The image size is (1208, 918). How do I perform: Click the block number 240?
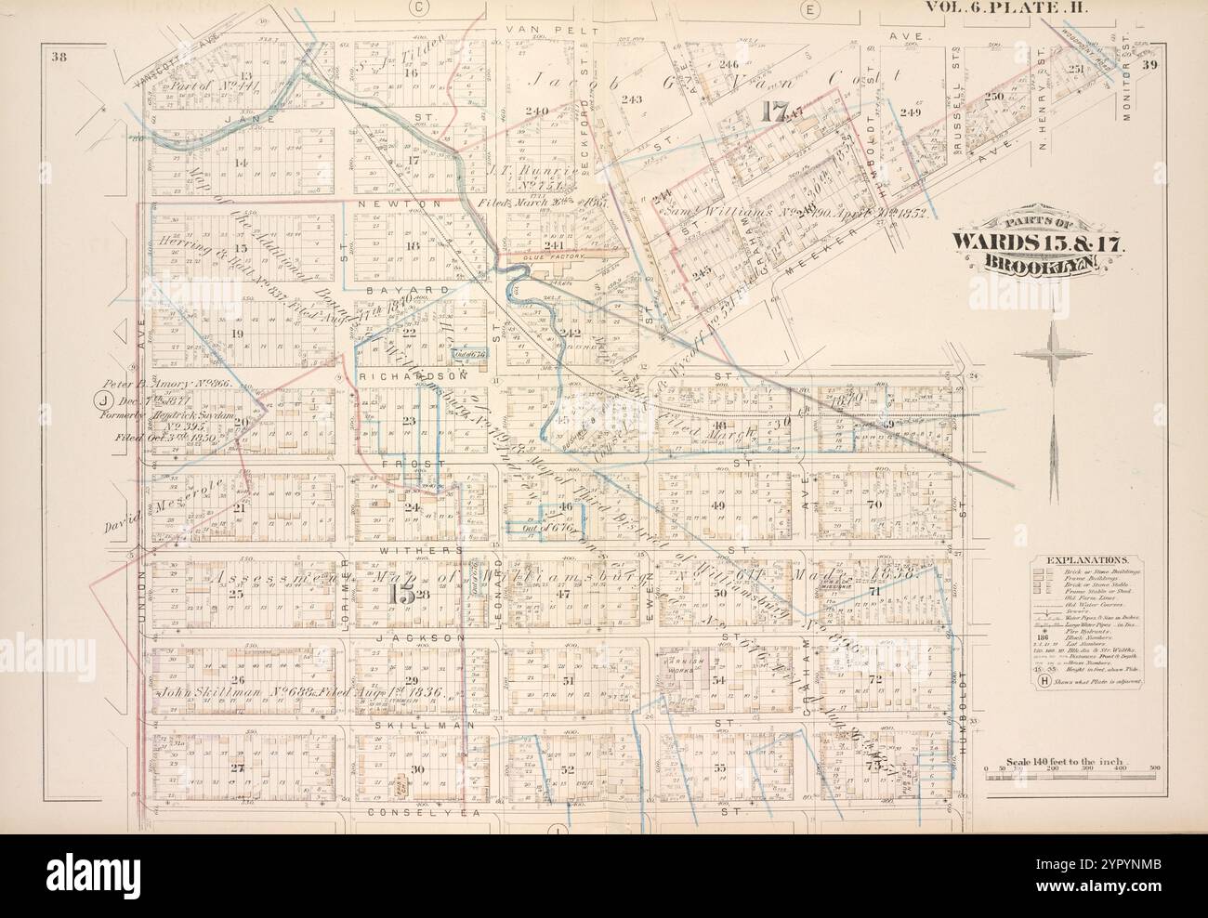coord(536,111)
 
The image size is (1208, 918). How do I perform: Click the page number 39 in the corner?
coord(1149,64)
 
